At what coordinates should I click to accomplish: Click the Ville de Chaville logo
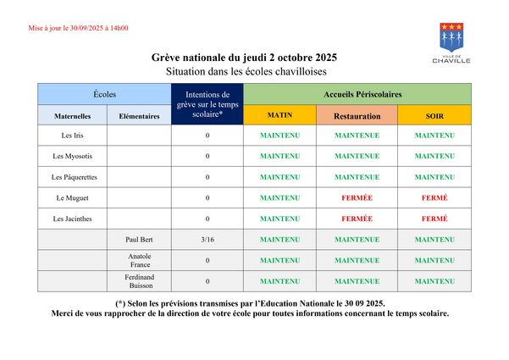pyautogui.click(x=451, y=42)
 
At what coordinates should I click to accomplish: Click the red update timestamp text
pyautogui.click(x=79, y=28)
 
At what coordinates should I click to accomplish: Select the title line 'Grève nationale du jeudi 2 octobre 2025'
pyautogui.click(x=244, y=58)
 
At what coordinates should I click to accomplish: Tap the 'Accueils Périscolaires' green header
pyautogui.click(x=362, y=93)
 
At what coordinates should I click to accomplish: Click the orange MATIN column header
pyautogui.click(x=279, y=115)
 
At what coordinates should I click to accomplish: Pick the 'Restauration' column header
pyautogui.click(x=357, y=115)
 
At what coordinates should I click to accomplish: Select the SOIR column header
pyautogui.click(x=434, y=115)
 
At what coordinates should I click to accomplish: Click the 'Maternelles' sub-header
pyautogui.click(x=72, y=115)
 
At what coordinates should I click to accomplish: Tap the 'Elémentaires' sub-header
pyautogui.click(x=139, y=115)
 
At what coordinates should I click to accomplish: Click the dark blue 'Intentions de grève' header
pyautogui.click(x=207, y=104)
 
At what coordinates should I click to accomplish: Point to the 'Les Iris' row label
pyautogui.click(x=72, y=136)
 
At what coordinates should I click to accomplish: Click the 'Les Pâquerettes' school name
pyautogui.click(x=74, y=177)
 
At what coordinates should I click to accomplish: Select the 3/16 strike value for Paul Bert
pyautogui.click(x=207, y=240)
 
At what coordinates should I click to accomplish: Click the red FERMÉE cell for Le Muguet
pyautogui.click(x=357, y=198)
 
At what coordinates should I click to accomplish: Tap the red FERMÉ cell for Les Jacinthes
pyautogui.click(x=434, y=219)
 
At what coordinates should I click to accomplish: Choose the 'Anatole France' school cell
pyautogui.click(x=139, y=260)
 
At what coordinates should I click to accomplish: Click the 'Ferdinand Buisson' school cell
pyautogui.click(x=139, y=281)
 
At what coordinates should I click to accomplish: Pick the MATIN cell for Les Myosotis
pyautogui.click(x=279, y=156)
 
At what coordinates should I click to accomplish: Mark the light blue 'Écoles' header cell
pyautogui.click(x=105, y=93)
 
